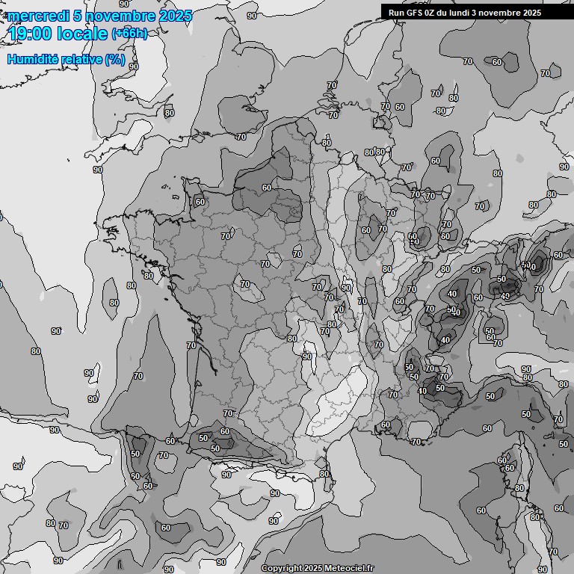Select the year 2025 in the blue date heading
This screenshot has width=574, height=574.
coord(175,16)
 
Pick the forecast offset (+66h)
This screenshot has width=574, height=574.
coord(129,34)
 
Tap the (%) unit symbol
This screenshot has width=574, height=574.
coord(115,59)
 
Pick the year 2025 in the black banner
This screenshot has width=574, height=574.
coord(533,13)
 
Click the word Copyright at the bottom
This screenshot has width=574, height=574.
coord(280,569)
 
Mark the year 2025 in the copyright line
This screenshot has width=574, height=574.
coord(313,569)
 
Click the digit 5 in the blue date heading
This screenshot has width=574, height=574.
coord(78,16)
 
